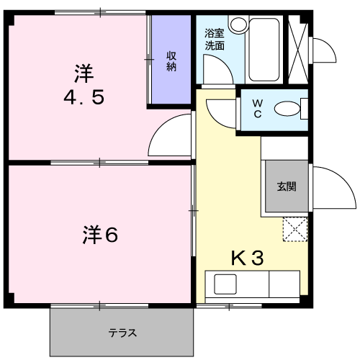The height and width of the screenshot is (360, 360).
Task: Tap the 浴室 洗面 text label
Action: [x=214, y=39]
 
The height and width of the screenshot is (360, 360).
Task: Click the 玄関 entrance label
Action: [x=286, y=186]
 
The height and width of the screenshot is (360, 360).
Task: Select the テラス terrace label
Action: [x=122, y=333]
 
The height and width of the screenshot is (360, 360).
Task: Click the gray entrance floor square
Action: [x=286, y=186]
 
